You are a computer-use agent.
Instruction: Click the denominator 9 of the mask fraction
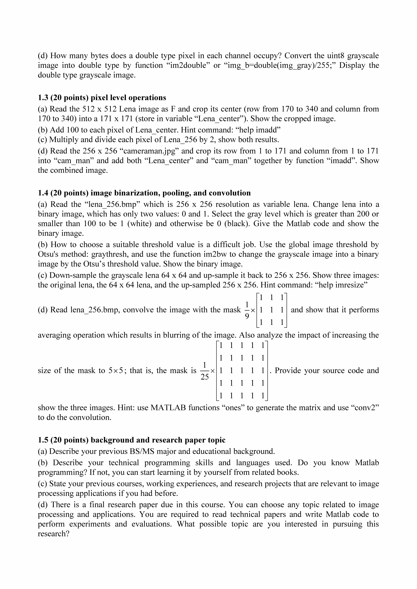tap(247, 317)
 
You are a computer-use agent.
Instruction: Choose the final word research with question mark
tap(53, 534)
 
